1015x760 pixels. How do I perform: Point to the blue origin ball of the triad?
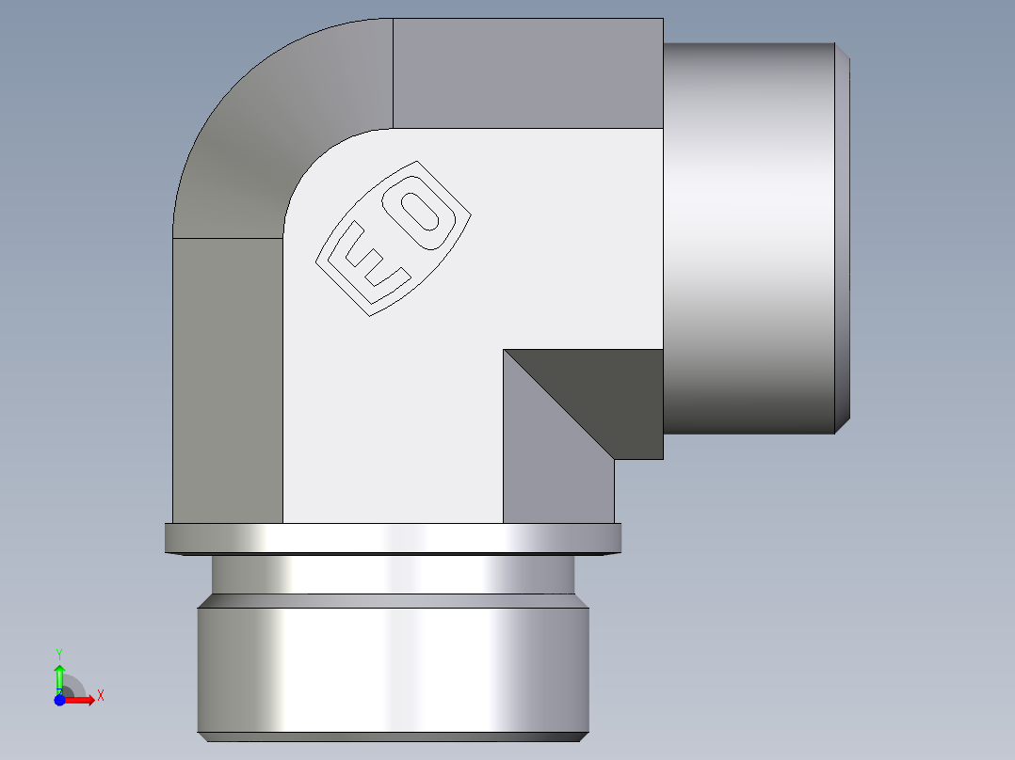pos(59,701)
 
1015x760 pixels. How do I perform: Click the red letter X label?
pos(100,696)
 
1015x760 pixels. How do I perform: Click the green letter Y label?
pos(59,653)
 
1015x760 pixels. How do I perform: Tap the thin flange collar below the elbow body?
pos(393,538)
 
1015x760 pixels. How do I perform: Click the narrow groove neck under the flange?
pos(393,575)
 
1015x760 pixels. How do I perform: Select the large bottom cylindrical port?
pos(393,668)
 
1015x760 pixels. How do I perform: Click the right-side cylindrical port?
pos(749,235)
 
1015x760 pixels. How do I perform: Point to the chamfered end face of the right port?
pos(844,235)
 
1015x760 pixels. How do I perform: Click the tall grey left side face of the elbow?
pos(228,376)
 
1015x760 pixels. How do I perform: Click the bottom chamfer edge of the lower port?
pos(393,736)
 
